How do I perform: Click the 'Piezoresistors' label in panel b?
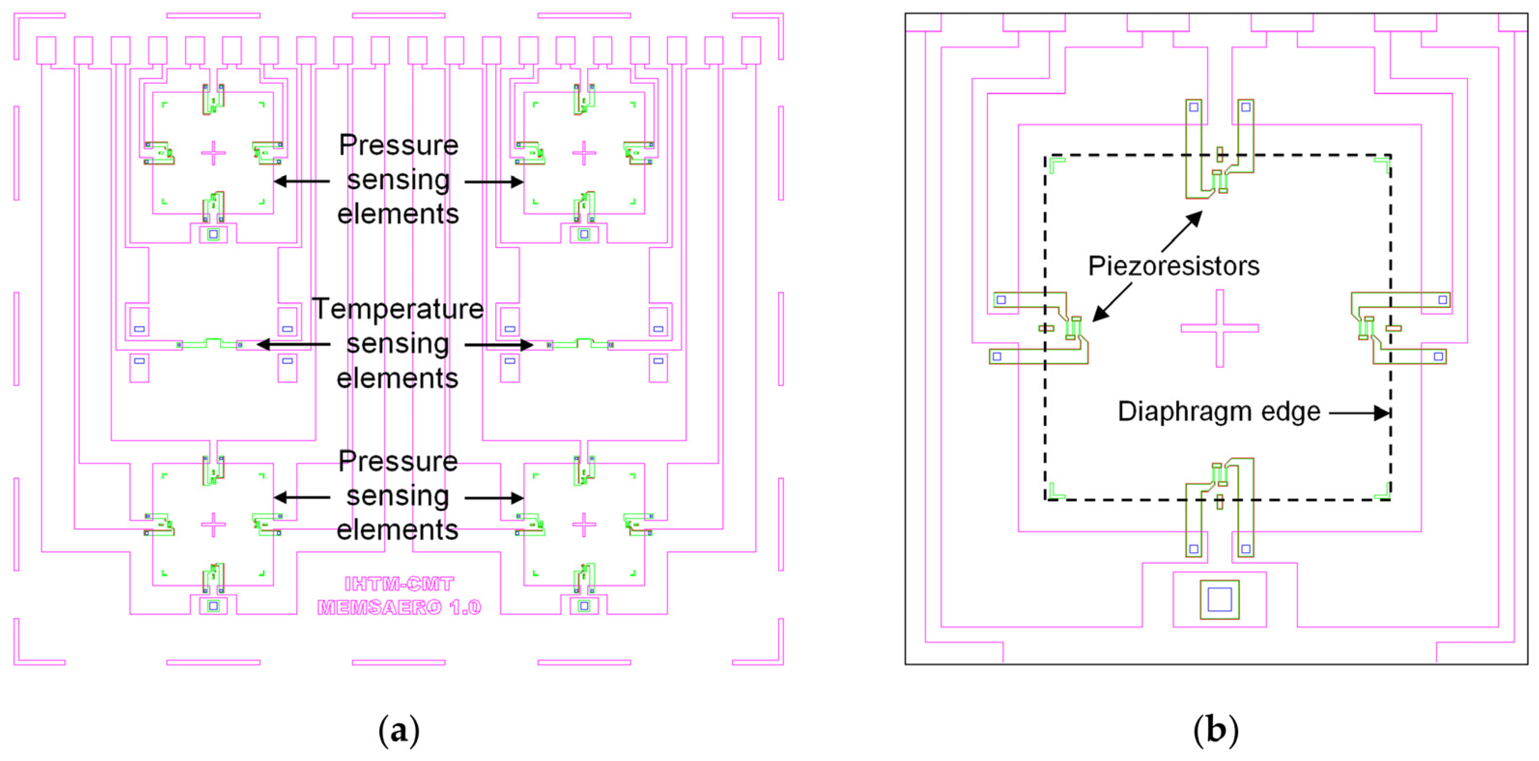coord(1173,266)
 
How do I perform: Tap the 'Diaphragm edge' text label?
coord(1219,412)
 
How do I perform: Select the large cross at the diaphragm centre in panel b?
coord(1219,328)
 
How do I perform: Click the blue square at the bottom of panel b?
coord(1219,600)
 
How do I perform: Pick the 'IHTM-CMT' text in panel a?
coord(399,584)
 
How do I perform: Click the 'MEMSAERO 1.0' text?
coord(399,607)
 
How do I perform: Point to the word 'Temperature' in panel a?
coord(398,309)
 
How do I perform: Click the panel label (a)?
coord(399,731)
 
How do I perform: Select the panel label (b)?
coord(1216,731)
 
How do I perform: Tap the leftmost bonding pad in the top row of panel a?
coord(46,50)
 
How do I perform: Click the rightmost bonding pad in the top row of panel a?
coord(751,50)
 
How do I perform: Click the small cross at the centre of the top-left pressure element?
coord(214,153)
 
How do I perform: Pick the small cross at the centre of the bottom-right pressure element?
coord(584,525)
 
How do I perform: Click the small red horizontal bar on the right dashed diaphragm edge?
coord(1394,328)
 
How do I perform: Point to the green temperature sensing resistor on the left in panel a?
coord(209,343)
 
